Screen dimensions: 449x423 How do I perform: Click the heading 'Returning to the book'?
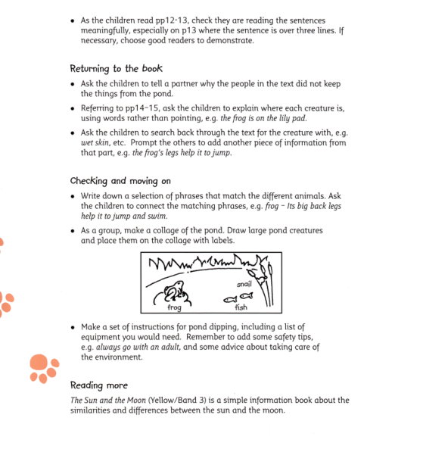pyautogui.click(x=116, y=69)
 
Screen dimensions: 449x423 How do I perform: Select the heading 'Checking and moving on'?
pyautogui.click(x=120, y=181)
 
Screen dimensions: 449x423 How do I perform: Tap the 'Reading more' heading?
pyautogui.click(x=99, y=385)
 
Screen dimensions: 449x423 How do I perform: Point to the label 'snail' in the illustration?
pyautogui.click(x=244, y=284)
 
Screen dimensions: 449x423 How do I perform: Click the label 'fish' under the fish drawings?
pyautogui.click(x=241, y=307)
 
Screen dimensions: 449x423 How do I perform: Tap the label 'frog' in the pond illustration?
pyautogui.click(x=174, y=308)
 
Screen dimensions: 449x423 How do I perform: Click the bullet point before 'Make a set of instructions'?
pyautogui.click(x=73, y=327)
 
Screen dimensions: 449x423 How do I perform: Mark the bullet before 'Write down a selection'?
pyautogui.click(x=73, y=195)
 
